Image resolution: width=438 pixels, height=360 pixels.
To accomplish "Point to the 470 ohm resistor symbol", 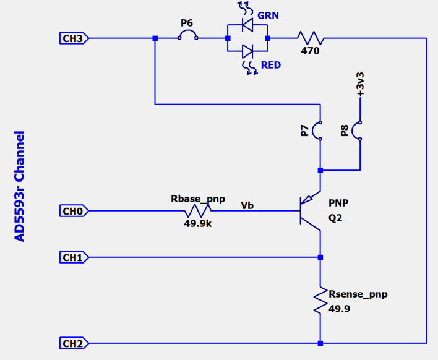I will pos(309,38).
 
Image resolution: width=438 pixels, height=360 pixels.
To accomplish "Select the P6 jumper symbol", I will pos(187,36).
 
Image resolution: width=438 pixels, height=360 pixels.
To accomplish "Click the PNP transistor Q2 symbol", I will pos(310,212).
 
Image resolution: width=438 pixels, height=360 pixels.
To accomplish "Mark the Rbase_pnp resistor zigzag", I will pos(198,212).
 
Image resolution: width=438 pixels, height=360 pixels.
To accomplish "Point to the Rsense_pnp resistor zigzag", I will pos(320,300).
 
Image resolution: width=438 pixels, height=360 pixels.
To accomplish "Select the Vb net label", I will pos(247,205).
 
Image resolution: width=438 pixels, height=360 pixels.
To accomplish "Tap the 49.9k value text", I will pos(198,224).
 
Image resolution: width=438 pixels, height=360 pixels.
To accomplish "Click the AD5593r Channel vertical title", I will pos(20,186).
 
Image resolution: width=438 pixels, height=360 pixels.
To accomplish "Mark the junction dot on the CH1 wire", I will pos(320,257).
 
